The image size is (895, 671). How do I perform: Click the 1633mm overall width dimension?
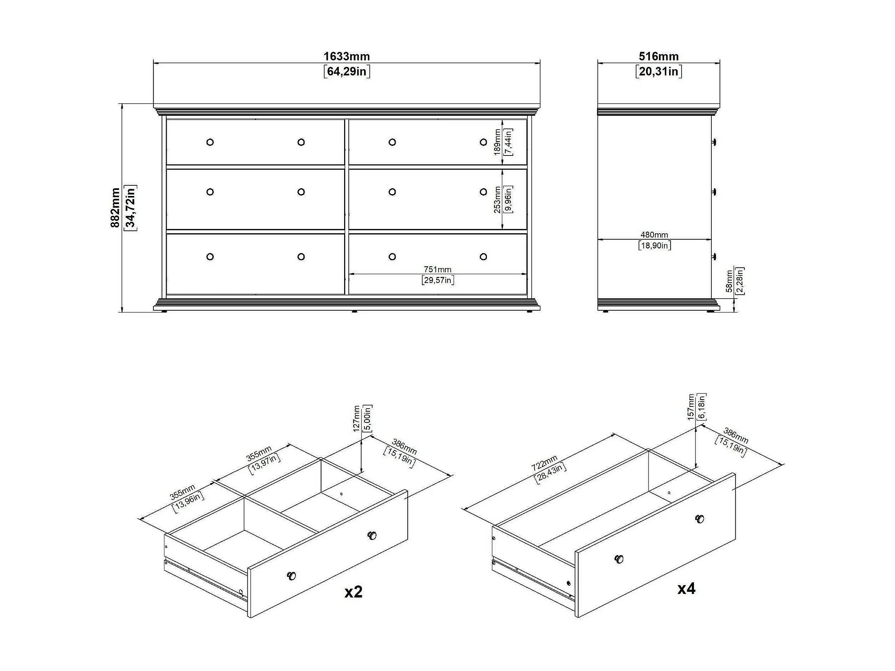click(x=346, y=56)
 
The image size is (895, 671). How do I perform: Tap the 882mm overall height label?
click(x=115, y=207)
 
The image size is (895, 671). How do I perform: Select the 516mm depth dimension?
click(x=658, y=56)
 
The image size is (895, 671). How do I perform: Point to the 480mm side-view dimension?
click(x=654, y=235)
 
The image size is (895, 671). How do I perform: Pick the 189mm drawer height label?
click(x=497, y=142)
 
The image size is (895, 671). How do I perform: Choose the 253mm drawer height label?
click(x=497, y=199)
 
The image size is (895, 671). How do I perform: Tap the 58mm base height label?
click(x=729, y=281)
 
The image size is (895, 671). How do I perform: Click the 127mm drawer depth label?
click(x=357, y=419)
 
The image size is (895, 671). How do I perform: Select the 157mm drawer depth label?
click(x=691, y=407)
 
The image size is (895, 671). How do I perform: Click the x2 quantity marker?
click(x=353, y=592)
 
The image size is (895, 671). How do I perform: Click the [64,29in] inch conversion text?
click(x=346, y=72)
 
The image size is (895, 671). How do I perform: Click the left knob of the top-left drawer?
click(x=210, y=142)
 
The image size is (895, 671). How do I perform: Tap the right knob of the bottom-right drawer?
click(x=483, y=256)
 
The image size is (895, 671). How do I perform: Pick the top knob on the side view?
click(x=714, y=142)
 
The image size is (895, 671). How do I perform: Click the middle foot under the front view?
click(x=354, y=312)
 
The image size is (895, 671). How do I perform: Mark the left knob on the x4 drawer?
click(x=619, y=559)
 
